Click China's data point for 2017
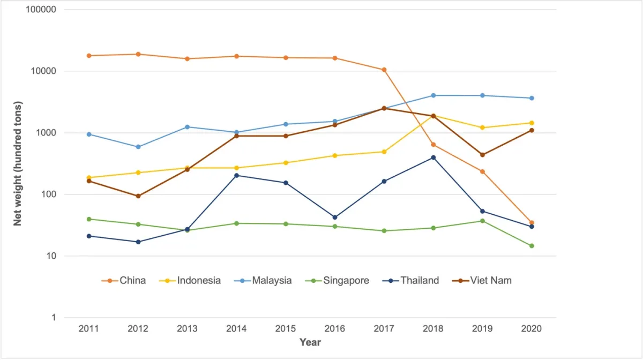point(384,70)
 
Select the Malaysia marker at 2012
point(138,147)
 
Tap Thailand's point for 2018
point(433,157)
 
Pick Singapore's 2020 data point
point(532,246)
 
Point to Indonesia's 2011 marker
point(89,178)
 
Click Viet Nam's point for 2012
point(138,196)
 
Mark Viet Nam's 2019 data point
point(483,155)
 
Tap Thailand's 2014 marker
point(236,175)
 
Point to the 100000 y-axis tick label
point(41,10)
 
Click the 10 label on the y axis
point(51,256)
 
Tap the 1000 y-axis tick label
point(47,133)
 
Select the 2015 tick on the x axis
point(286,328)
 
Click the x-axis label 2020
point(532,328)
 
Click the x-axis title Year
point(310,342)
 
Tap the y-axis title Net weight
point(18,163)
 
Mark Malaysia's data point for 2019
point(483,95)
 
